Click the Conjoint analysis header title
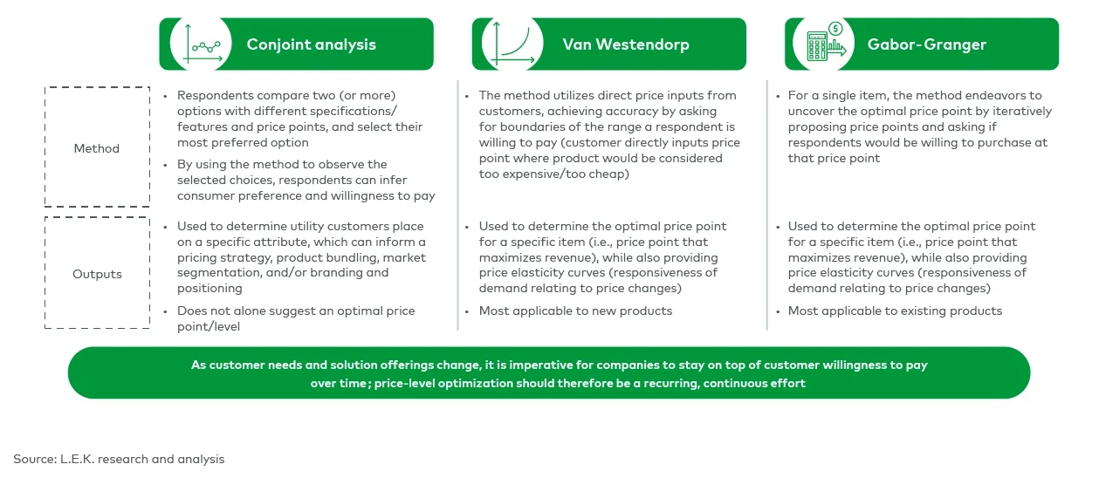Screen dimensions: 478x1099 [311, 44]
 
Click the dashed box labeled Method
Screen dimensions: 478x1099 [97, 147]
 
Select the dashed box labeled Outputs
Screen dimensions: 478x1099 [97, 274]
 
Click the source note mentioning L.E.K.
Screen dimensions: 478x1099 [119, 459]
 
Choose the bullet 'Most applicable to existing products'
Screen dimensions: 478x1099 [895, 311]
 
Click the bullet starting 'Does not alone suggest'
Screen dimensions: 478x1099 [296, 318]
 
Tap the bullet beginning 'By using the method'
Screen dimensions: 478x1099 [306, 180]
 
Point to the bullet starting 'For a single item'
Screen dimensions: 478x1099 [919, 126]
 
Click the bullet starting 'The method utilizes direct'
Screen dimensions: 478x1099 [608, 134]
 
